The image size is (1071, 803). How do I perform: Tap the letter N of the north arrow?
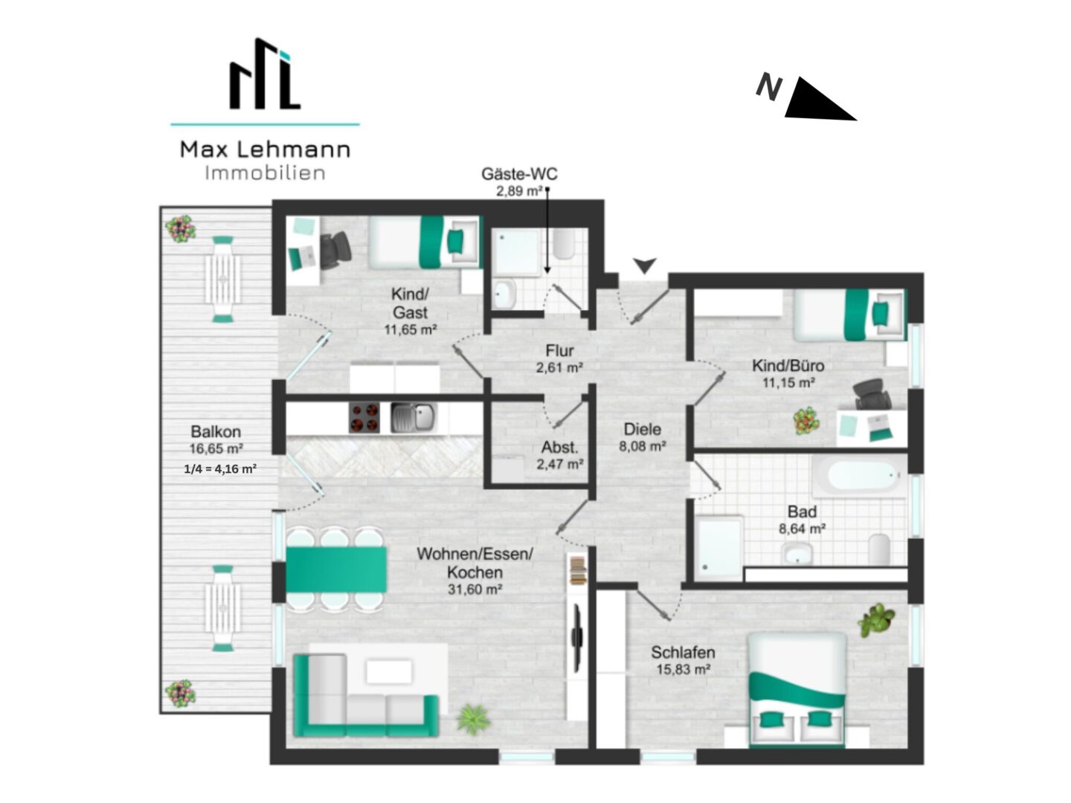tap(768, 88)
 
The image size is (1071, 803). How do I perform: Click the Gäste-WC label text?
tap(519, 174)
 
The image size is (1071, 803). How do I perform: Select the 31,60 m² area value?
tap(475, 590)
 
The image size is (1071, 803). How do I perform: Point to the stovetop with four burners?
tap(364, 417)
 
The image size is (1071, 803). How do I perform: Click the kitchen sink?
tap(413, 417)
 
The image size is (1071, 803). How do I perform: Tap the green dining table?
tap(335, 570)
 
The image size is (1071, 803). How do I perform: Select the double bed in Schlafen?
tap(797, 690)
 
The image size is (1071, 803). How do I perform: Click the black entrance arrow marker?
tap(645, 265)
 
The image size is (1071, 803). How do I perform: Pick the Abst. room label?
tap(559, 447)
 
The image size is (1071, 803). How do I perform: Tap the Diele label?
tap(643, 430)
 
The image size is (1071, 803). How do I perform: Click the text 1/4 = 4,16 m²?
tap(220, 469)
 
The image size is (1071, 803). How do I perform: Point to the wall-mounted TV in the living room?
tap(577, 637)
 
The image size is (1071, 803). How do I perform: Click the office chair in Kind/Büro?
tap(872, 393)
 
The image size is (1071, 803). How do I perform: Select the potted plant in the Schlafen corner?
tap(876, 620)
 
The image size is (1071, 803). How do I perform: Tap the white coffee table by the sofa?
tap(389, 672)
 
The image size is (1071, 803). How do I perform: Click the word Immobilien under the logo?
tap(265, 173)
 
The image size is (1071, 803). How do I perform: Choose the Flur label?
tap(559, 350)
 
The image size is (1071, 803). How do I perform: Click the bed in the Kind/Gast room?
tap(423, 242)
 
